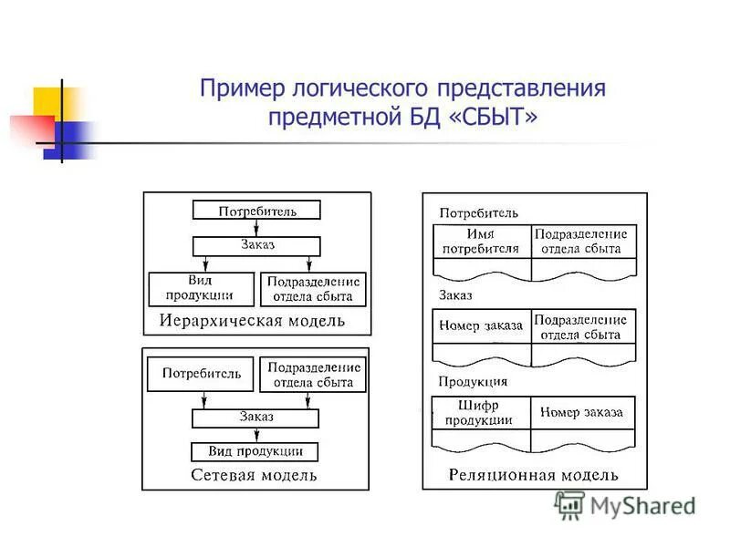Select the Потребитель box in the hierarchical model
(x=256, y=211)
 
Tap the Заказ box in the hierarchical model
(x=256, y=245)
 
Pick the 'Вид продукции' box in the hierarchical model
(x=200, y=288)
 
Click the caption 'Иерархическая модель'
(x=252, y=320)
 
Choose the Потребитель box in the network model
(x=200, y=373)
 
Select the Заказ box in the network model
(x=255, y=418)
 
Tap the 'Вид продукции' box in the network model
(x=255, y=451)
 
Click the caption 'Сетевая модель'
(x=254, y=475)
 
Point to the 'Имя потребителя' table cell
(x=481, y=242)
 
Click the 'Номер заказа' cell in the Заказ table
(x=481, y=325)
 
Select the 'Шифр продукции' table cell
(x=481, y=413)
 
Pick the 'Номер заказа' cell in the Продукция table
(x=582, y=413)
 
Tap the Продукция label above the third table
(x=473, y=381)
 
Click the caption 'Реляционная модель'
(x=533, y=474)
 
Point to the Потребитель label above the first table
(x=479, y=213)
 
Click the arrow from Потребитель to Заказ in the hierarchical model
(x=256, y=228)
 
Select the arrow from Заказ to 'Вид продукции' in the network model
(x=255, y=435)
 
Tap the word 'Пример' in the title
(x=241, y=89)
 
